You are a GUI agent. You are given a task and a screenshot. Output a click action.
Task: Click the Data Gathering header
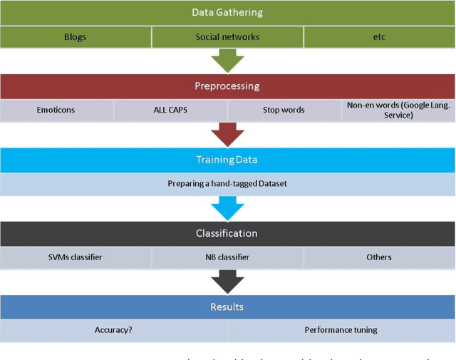(227, 13)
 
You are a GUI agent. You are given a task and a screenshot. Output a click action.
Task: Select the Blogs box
(76, 37)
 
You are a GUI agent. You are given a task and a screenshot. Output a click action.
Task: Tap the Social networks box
(227, 37)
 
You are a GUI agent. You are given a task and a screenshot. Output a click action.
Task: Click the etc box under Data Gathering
(379, 37)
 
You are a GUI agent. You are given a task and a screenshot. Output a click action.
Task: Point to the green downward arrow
(227, 60)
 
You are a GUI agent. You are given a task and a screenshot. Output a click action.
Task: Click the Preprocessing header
(227, 86)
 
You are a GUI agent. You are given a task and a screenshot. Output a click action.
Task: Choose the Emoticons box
(56, 110)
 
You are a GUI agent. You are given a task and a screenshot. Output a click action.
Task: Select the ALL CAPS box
(170, 110)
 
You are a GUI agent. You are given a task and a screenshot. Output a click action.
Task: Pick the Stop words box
(284, 110)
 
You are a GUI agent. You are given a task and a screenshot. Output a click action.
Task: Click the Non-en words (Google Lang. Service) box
(398, 110)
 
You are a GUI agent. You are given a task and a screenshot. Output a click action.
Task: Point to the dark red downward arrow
(227, 134)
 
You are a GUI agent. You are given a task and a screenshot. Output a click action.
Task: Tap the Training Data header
(227, 160)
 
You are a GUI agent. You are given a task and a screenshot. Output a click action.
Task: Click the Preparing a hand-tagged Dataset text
(227, 184)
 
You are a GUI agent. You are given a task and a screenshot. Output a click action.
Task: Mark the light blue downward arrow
(227, 208)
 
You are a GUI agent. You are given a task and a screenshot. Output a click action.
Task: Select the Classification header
(227, 233)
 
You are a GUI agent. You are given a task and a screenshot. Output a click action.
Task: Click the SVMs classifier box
(76, 257)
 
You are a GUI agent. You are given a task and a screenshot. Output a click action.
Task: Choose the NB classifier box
(227, 257)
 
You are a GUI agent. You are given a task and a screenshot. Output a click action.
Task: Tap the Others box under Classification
(379, 257)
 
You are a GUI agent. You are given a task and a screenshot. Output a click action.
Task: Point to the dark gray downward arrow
(227, 282)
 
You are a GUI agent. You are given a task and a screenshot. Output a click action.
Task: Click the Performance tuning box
(341, 330)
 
